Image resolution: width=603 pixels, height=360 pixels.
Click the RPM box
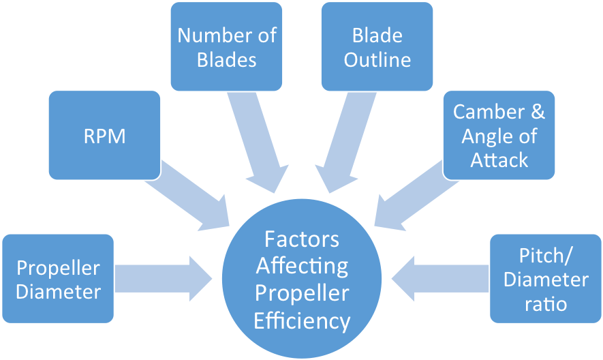[x=104, y=135]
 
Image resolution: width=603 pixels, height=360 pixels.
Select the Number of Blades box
[x=226, y=46]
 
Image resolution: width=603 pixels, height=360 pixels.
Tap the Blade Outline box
[x=377, y=46]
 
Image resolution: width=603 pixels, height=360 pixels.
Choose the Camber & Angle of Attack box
[x=499, y=135]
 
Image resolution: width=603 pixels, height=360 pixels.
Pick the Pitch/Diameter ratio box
[x=545, y=278]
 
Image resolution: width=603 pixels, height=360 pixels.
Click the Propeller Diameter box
[x=58, y=280]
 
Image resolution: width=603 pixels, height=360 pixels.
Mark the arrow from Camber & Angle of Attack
[x=409, y=198]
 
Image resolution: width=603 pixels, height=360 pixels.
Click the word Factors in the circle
[x=301, y=240]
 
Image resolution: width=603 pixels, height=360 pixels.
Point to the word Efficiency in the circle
[x=301, y=320]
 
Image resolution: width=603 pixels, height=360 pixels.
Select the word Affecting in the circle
[x=301, y=267]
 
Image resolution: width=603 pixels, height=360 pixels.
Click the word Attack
[x=499, y=160]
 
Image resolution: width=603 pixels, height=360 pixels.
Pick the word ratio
[x=545, y=303]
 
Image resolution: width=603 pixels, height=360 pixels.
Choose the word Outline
[x=377, y=60]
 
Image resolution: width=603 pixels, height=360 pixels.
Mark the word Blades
[x=226, y=60]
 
